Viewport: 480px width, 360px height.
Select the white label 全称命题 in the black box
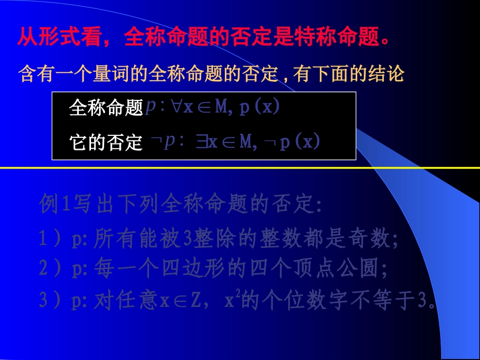[x=106, y=108]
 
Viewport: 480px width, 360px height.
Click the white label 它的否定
[x=106, y=143]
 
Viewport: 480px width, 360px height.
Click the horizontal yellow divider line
[x=240, y=167]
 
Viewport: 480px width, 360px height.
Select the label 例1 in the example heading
[x=56, y=205]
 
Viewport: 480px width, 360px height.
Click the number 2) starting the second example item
[x=49, y=269]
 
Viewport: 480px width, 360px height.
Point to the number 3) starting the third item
[x=49, y=301]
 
